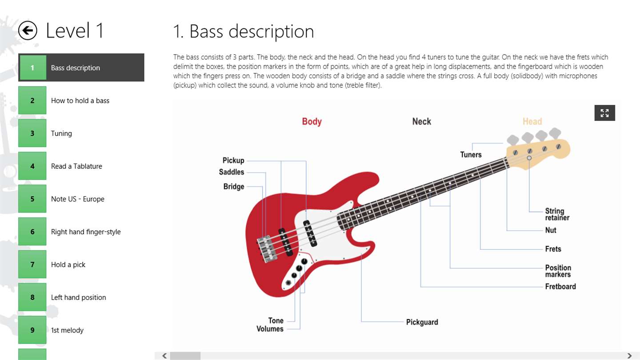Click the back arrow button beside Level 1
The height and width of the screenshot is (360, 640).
tap(28, 30)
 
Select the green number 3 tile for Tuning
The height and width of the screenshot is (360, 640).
tap(32, 133)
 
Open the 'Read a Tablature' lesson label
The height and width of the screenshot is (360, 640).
tap(76, 166)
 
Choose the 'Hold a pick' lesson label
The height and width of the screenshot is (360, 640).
tap(68, 264)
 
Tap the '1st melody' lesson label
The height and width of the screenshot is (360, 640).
tap(67, 330)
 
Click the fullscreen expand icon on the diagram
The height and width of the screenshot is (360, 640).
tap(604, 113)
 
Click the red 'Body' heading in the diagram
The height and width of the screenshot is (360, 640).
tap(312, 121)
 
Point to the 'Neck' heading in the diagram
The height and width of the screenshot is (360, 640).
tap(421, 121)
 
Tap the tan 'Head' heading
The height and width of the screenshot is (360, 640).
tap(532, 121)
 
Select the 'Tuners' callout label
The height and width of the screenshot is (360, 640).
tap(471, 155)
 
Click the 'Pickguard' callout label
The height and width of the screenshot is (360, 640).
tap(422, 322)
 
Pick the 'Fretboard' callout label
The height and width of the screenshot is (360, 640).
tap(560, 286)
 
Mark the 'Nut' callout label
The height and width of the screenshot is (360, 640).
tap(551, 230)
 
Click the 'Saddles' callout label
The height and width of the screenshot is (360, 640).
tap(232, 172)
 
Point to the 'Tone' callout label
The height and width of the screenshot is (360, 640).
tap(276, 320)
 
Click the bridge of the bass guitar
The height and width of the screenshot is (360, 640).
tap(267, 248)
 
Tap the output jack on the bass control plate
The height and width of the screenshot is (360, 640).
tap(288, 283)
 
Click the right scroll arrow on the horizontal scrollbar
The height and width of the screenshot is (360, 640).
tap(629, 356)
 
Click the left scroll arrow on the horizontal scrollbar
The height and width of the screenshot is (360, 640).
tap(164, 356)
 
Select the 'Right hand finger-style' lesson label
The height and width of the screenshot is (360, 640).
tap(86, 232)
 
